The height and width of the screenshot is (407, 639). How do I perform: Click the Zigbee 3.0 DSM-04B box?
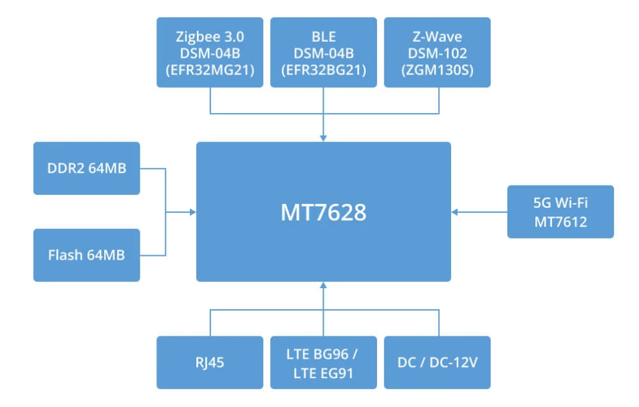[210, 52]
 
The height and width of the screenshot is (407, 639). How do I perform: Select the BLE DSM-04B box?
[324, 52]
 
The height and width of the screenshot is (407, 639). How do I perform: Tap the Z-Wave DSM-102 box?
[438, 52]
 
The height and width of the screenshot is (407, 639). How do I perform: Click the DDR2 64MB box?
[87, 168]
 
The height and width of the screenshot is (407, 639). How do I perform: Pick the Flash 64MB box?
[87, 255]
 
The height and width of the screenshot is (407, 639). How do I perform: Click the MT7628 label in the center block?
[324, 212]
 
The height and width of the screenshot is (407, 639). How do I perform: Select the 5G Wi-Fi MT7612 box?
[560, 212]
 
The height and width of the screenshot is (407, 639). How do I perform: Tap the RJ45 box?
[210, 362]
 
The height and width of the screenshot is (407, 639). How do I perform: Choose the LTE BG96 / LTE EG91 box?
[324, 362]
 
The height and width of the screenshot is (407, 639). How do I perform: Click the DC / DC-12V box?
[438, 362]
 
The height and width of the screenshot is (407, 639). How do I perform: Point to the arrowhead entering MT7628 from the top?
[323, 138]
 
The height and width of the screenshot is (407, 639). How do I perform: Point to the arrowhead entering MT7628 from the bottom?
[323, 285]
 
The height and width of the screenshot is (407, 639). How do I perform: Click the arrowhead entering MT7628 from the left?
[193, 212]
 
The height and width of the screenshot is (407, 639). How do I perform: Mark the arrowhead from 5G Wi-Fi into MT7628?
[455, 212]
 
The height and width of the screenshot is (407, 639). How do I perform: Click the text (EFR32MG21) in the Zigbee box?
[210, 70]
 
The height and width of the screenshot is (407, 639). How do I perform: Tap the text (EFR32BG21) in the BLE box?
[324, 70]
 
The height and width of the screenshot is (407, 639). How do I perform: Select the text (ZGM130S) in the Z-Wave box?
[438, 70]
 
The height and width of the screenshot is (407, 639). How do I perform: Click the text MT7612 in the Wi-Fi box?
[560, 222]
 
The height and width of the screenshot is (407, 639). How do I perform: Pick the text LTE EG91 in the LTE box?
[323, 373]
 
